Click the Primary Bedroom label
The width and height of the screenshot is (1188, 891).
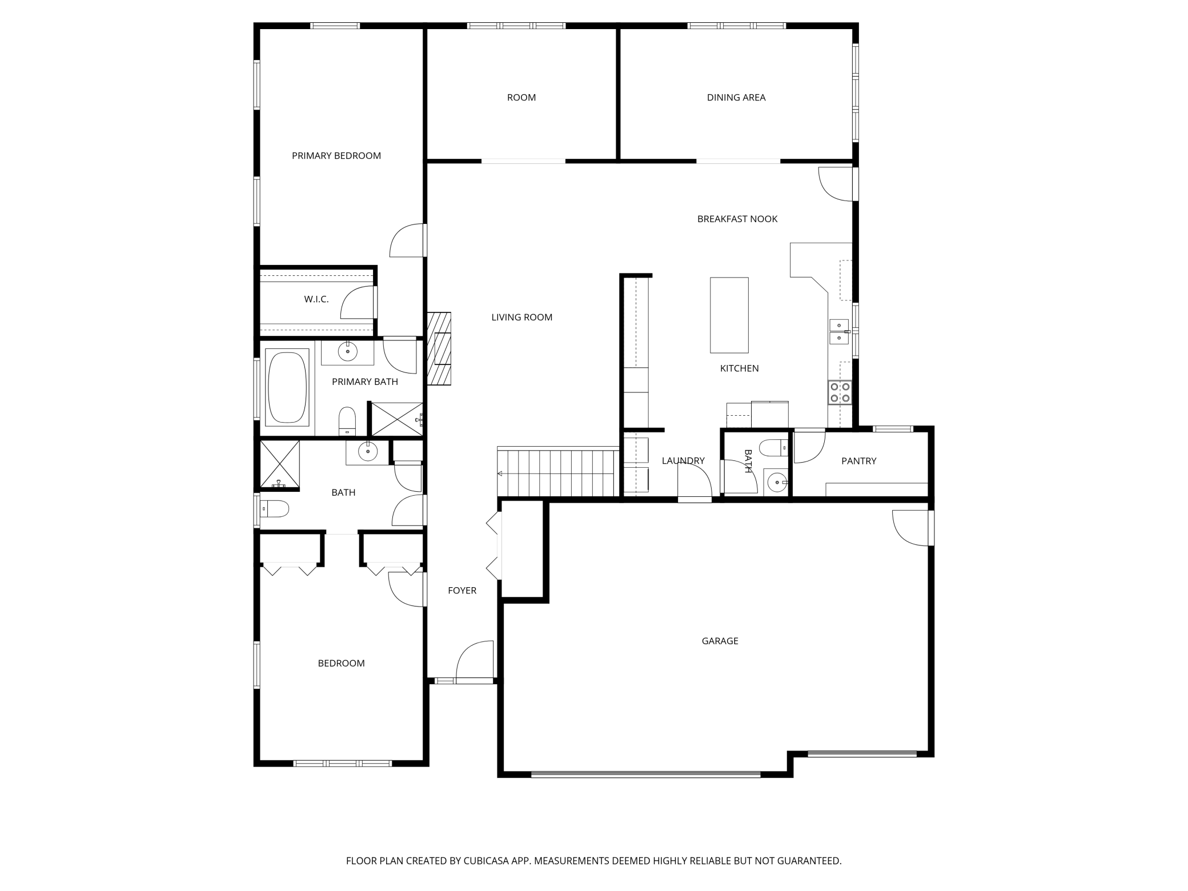[336, 156]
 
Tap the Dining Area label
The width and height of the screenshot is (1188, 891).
[736, 98]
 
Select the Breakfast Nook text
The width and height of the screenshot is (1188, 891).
[737, 219]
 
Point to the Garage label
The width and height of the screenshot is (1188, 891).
[720, 641]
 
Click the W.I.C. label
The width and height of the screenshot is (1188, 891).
[316, 299]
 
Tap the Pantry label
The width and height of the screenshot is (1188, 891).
[859, 461]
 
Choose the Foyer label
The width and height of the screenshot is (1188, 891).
[462, 591]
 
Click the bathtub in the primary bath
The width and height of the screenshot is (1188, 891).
[287, 387]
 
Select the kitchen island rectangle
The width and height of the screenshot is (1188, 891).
[729, 315]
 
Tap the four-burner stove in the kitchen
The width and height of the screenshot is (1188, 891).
[840, 392]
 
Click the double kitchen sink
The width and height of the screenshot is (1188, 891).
[839, 332]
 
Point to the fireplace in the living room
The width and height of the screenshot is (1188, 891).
[439, 348]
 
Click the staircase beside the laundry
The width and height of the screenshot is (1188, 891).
[558, 472]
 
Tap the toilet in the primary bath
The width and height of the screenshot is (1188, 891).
[347, 421]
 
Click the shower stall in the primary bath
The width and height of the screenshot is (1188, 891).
[396, 419]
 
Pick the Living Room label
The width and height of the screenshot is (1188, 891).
[522, 318]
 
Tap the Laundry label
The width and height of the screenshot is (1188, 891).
[683, 461]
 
